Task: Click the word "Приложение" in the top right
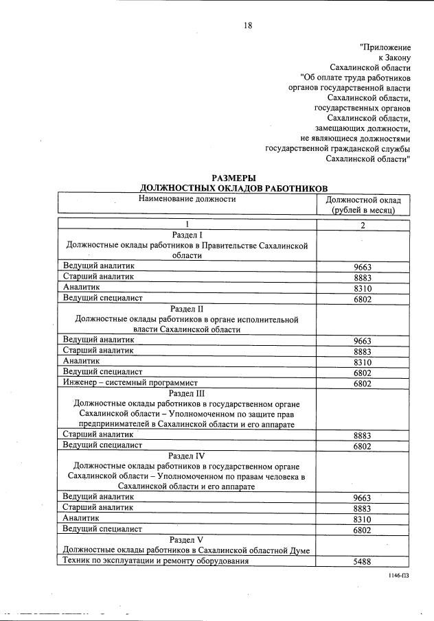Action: (x=385, y=47)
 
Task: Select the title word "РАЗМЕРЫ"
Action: (x=233, y=178)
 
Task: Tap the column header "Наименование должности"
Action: (x=187, y=199)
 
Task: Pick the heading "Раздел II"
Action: (x=187, y=309)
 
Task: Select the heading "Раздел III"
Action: (x=187, y=392)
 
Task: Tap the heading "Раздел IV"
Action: (x=187, y=455)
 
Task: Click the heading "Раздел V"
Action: (x=187, y=539)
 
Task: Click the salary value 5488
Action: (x=363, y=561)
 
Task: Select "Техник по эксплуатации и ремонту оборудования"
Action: (x=155, y=561)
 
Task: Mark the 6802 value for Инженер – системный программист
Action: (x=363, y=384)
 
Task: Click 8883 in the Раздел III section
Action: (x=363, y=436)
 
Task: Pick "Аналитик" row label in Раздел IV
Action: (x=81, y=519)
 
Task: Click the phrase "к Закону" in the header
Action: (x=394, y=58)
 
